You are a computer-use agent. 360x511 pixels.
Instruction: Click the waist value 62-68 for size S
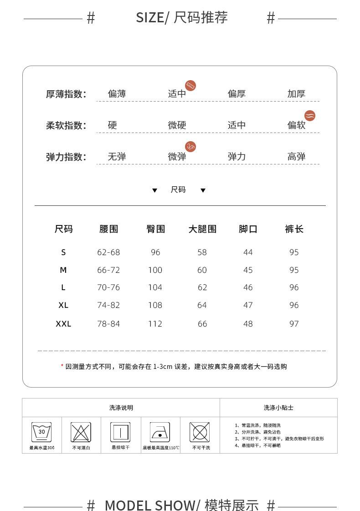pos(108,252)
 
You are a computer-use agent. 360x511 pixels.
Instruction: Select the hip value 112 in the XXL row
pos(155,324)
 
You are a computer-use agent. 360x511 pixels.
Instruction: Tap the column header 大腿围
pos(202,229)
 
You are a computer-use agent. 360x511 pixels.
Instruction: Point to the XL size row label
pos(63,305)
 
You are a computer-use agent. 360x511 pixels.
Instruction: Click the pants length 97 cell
pos(294,324)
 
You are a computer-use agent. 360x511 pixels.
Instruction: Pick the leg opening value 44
pos(248,252)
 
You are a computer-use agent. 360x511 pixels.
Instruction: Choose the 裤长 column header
pos(294,229)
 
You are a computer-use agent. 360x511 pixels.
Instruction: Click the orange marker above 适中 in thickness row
pos(190,86)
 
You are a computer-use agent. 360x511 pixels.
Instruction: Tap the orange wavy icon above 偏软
pos(310,116)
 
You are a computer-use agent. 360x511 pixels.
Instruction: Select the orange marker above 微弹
pos(190,146)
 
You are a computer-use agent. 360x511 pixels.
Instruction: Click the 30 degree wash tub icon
pos(41,432)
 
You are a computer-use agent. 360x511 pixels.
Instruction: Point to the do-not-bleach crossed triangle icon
pos(81,432)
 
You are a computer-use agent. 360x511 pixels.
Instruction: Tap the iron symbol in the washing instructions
pos(160,432)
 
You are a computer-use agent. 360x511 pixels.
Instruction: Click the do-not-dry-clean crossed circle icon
pos(200,432)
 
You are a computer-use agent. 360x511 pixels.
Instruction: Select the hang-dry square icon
pos(120,432)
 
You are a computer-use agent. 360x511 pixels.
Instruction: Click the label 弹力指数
pos(66,157)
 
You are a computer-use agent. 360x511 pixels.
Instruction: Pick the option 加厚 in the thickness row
pos(296,94)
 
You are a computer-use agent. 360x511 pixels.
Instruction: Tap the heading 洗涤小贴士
pos(278,408)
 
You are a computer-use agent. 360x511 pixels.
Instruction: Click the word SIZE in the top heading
pos(149,18)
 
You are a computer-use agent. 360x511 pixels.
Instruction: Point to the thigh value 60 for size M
pos(202,270)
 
